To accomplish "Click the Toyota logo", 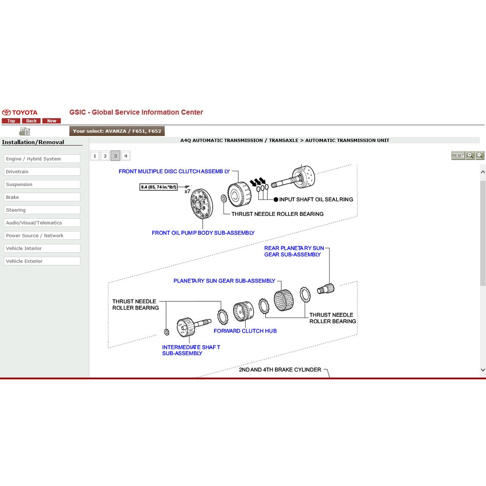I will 19,112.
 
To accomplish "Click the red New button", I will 52,121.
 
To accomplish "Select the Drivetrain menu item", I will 42,172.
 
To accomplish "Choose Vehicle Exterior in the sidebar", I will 42,261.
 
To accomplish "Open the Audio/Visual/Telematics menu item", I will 42,223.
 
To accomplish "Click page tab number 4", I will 125,156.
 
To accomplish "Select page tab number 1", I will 95,156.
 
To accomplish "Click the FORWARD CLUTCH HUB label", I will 245,331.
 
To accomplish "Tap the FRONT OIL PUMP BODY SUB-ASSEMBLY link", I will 203,233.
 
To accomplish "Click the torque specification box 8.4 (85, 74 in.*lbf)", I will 159,187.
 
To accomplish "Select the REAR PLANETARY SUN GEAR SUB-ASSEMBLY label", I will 294,251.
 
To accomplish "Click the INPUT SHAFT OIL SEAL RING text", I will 316,199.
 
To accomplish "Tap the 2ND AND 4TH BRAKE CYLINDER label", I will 280,369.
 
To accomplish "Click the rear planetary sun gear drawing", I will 327,288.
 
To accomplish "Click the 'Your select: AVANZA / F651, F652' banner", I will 117,131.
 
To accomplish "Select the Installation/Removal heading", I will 33,142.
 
